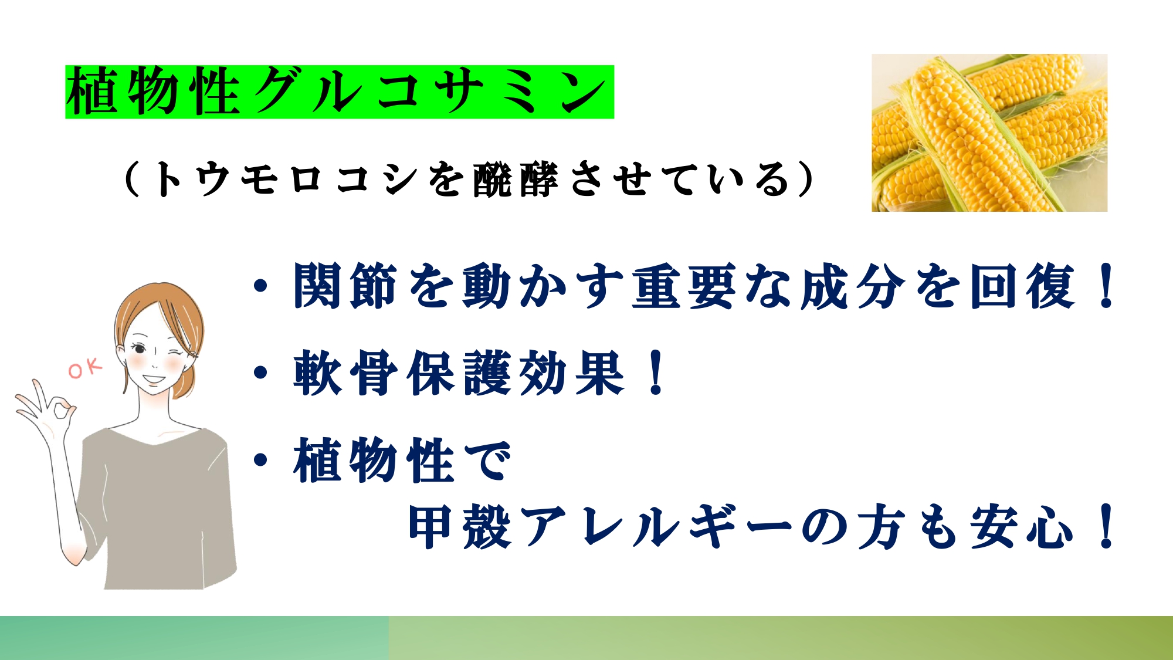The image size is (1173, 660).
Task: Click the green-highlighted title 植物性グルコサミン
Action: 340,92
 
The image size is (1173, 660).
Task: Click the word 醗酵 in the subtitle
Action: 516,179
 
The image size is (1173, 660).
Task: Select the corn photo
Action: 989,133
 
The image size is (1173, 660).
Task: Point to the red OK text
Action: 86,368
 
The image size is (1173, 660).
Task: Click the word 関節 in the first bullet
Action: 345,286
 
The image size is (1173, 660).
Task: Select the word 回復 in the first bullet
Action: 1023,286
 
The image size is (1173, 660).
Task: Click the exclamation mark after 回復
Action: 1107,286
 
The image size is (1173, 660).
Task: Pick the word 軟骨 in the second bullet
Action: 345,373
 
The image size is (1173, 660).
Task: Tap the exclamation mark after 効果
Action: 657,373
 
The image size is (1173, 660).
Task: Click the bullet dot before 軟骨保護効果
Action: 261,373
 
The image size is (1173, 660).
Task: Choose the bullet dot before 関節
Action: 261,286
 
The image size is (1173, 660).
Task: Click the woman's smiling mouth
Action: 154,379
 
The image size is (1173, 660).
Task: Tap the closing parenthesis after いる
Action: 807,179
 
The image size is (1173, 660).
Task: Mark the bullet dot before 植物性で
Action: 261,461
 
